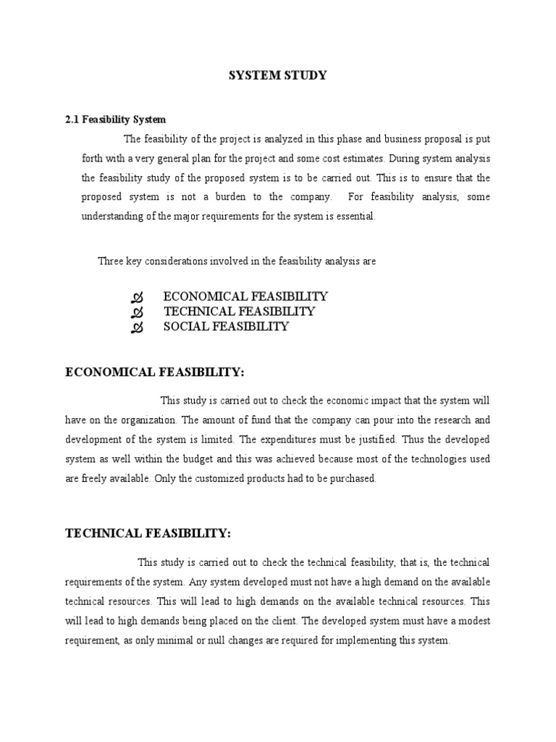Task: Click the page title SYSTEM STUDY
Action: [x=278, y=75]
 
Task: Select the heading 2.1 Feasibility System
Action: [x=116, y=119]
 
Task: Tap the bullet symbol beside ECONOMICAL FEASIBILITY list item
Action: [x=138, y=297]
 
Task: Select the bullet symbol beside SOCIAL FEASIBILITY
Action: [x=138, y=328]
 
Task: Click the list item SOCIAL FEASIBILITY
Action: [x=226, y=327]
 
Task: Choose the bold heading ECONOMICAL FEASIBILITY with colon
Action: [x=155, y=372]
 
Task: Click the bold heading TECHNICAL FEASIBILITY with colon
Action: [x=148, y=534]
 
